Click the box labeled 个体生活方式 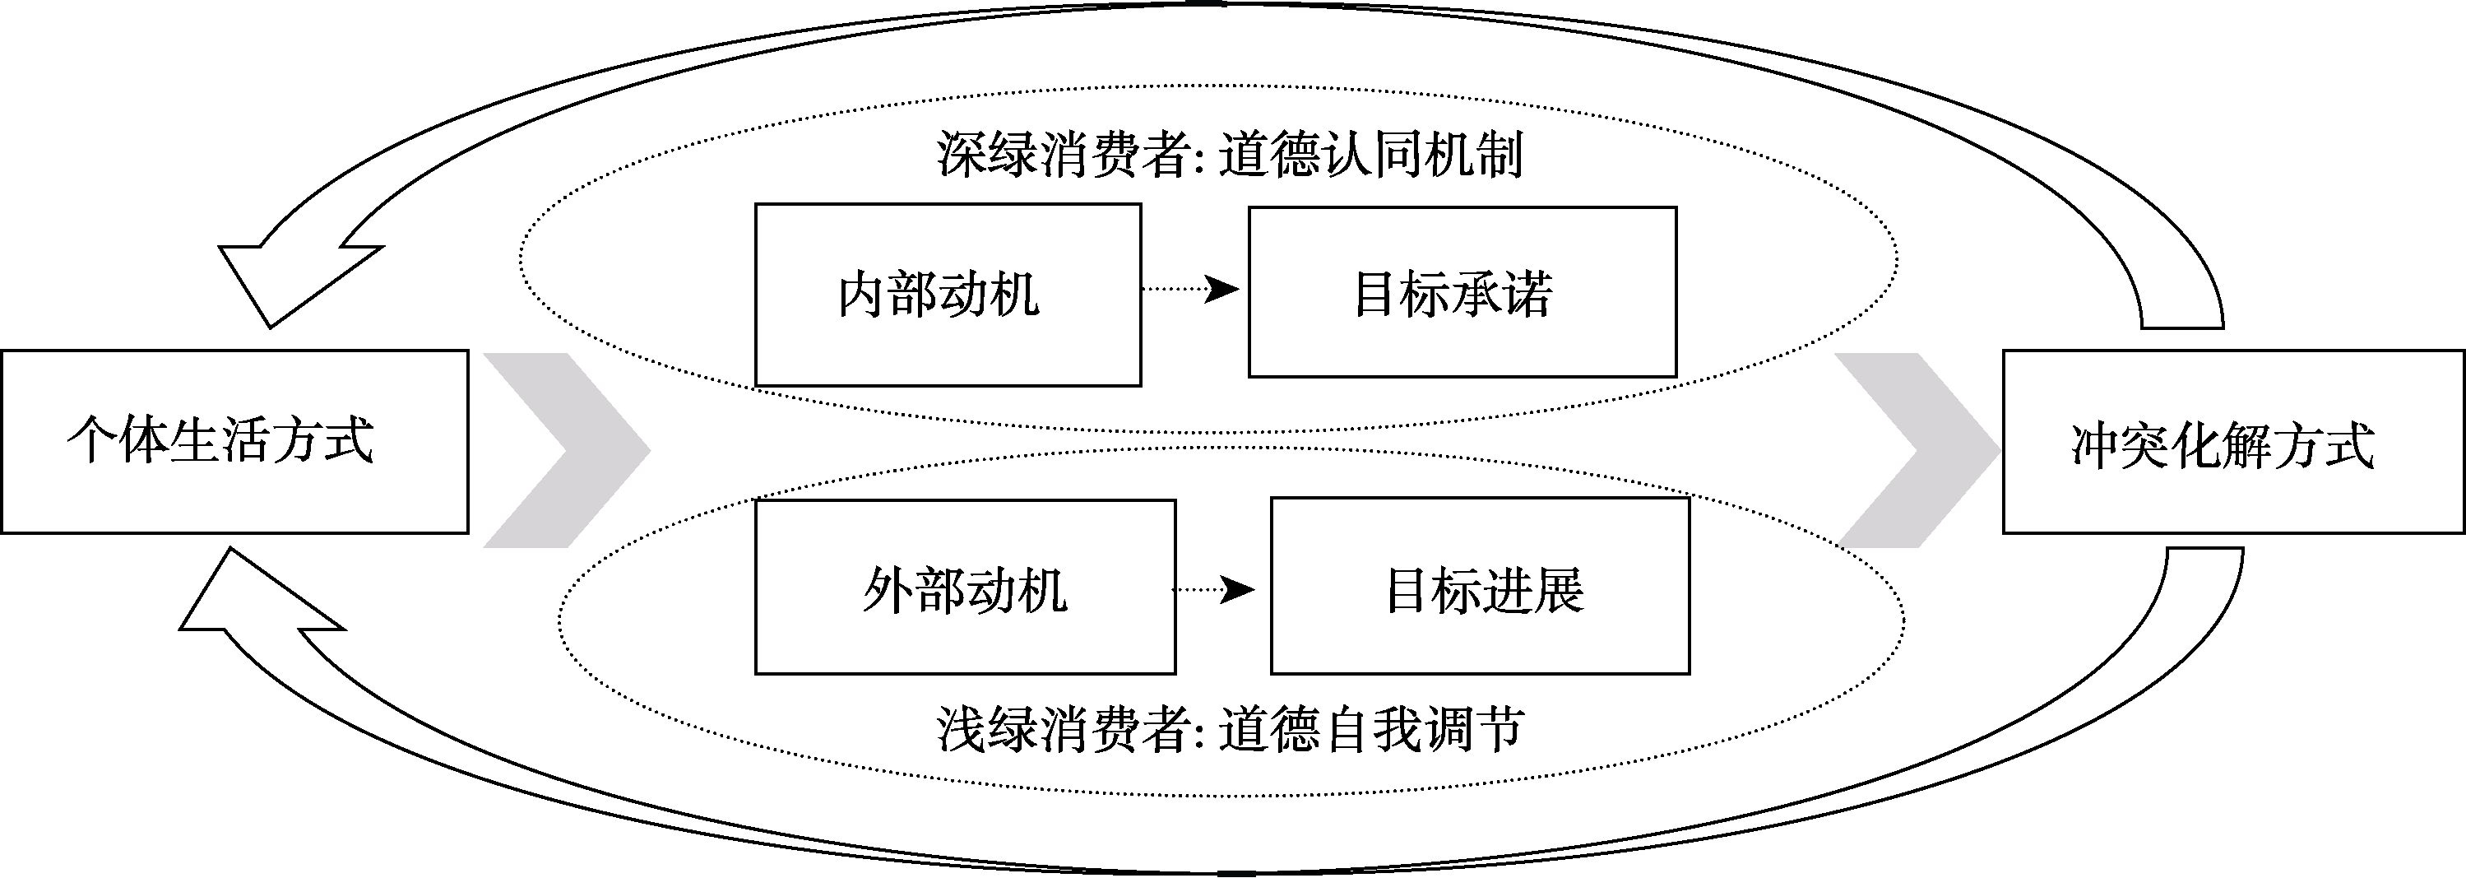tap(234, 441)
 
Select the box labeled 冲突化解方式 tap(2233, 441)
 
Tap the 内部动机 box tap(948, 295)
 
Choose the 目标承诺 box tap(1462, 292)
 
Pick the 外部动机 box tap(965, 587)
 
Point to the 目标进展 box tap(1480, 586)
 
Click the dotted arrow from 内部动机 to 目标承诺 tap(1193, 288)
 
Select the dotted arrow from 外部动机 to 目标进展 tap(1214, 590)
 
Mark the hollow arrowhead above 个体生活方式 tap(287, 277)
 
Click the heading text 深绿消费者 tap(1063, 154)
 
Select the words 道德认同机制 tap(1371, 154)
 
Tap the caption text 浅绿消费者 tap(1063, 731)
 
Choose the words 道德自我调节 tap(1371, 731)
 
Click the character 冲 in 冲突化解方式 tap(2094, 446)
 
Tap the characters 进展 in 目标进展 tap(1536, 590)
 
